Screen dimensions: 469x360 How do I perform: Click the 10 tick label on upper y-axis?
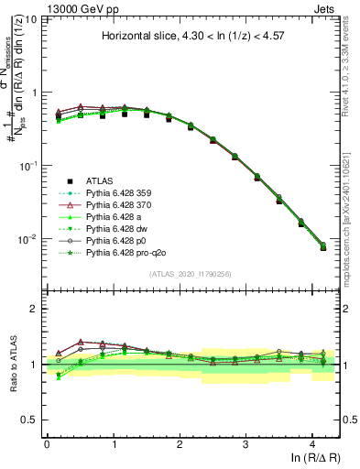click(x=30, y=19)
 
